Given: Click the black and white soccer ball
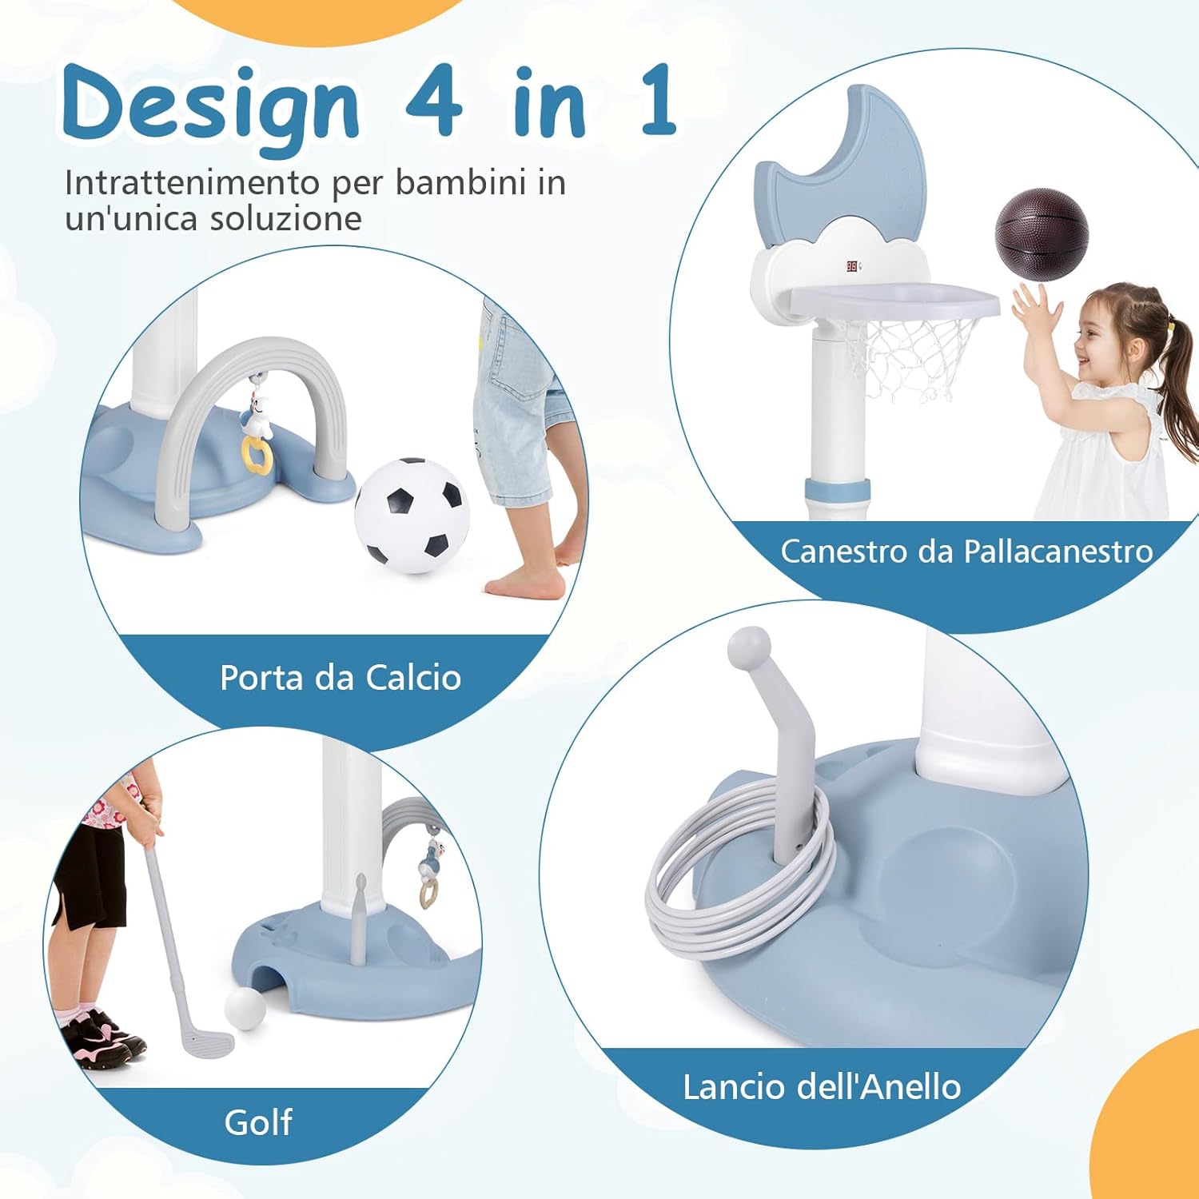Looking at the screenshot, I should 410,515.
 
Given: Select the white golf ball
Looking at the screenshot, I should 245,1010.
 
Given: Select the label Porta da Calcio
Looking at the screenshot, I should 341,678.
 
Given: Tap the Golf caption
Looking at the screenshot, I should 258,1122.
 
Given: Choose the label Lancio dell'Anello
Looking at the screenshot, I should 822,1087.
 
